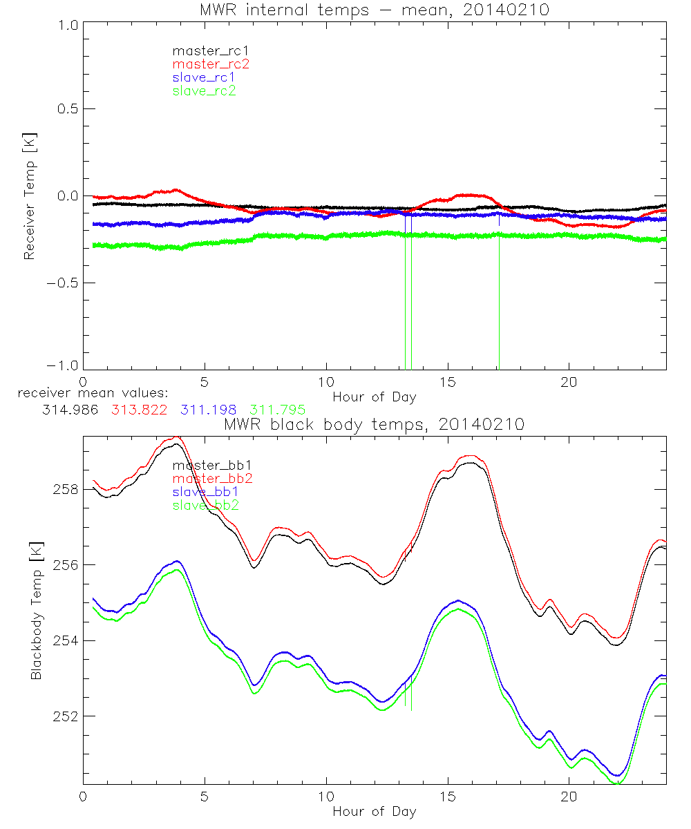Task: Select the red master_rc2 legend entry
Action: tap(211, 64)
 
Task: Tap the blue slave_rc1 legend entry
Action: tap(205, 77)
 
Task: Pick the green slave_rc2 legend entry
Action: tap(205, 90)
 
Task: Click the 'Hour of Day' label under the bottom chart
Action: tap(375, 811)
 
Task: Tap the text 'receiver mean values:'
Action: tap(88, 394)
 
